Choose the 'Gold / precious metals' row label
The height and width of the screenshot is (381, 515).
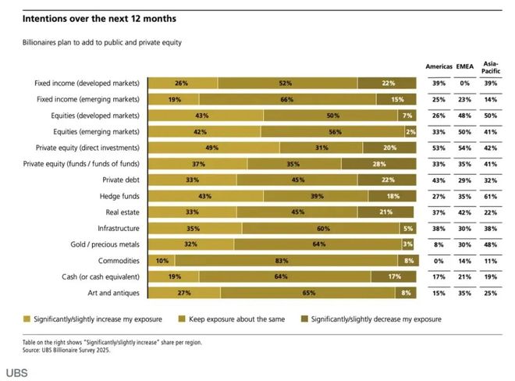point(102,244)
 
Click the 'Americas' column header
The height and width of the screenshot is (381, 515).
point(440,66)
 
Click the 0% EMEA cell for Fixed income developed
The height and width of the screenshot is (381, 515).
point(466,82)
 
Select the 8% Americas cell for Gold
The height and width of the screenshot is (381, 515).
point(440,244)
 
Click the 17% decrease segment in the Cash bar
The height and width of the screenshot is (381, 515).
point(394,276)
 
